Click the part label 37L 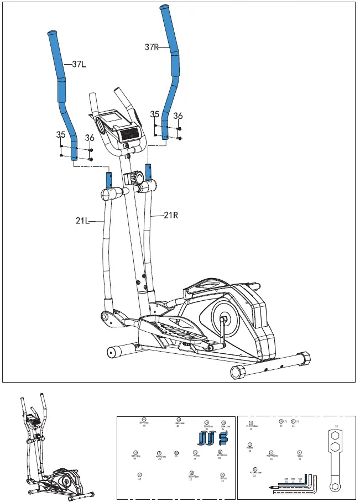pos(79,64)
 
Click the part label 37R pos(152,48)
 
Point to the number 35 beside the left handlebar pos(61,134)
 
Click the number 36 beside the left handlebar pos(90,137)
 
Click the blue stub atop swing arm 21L pos(109,180)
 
